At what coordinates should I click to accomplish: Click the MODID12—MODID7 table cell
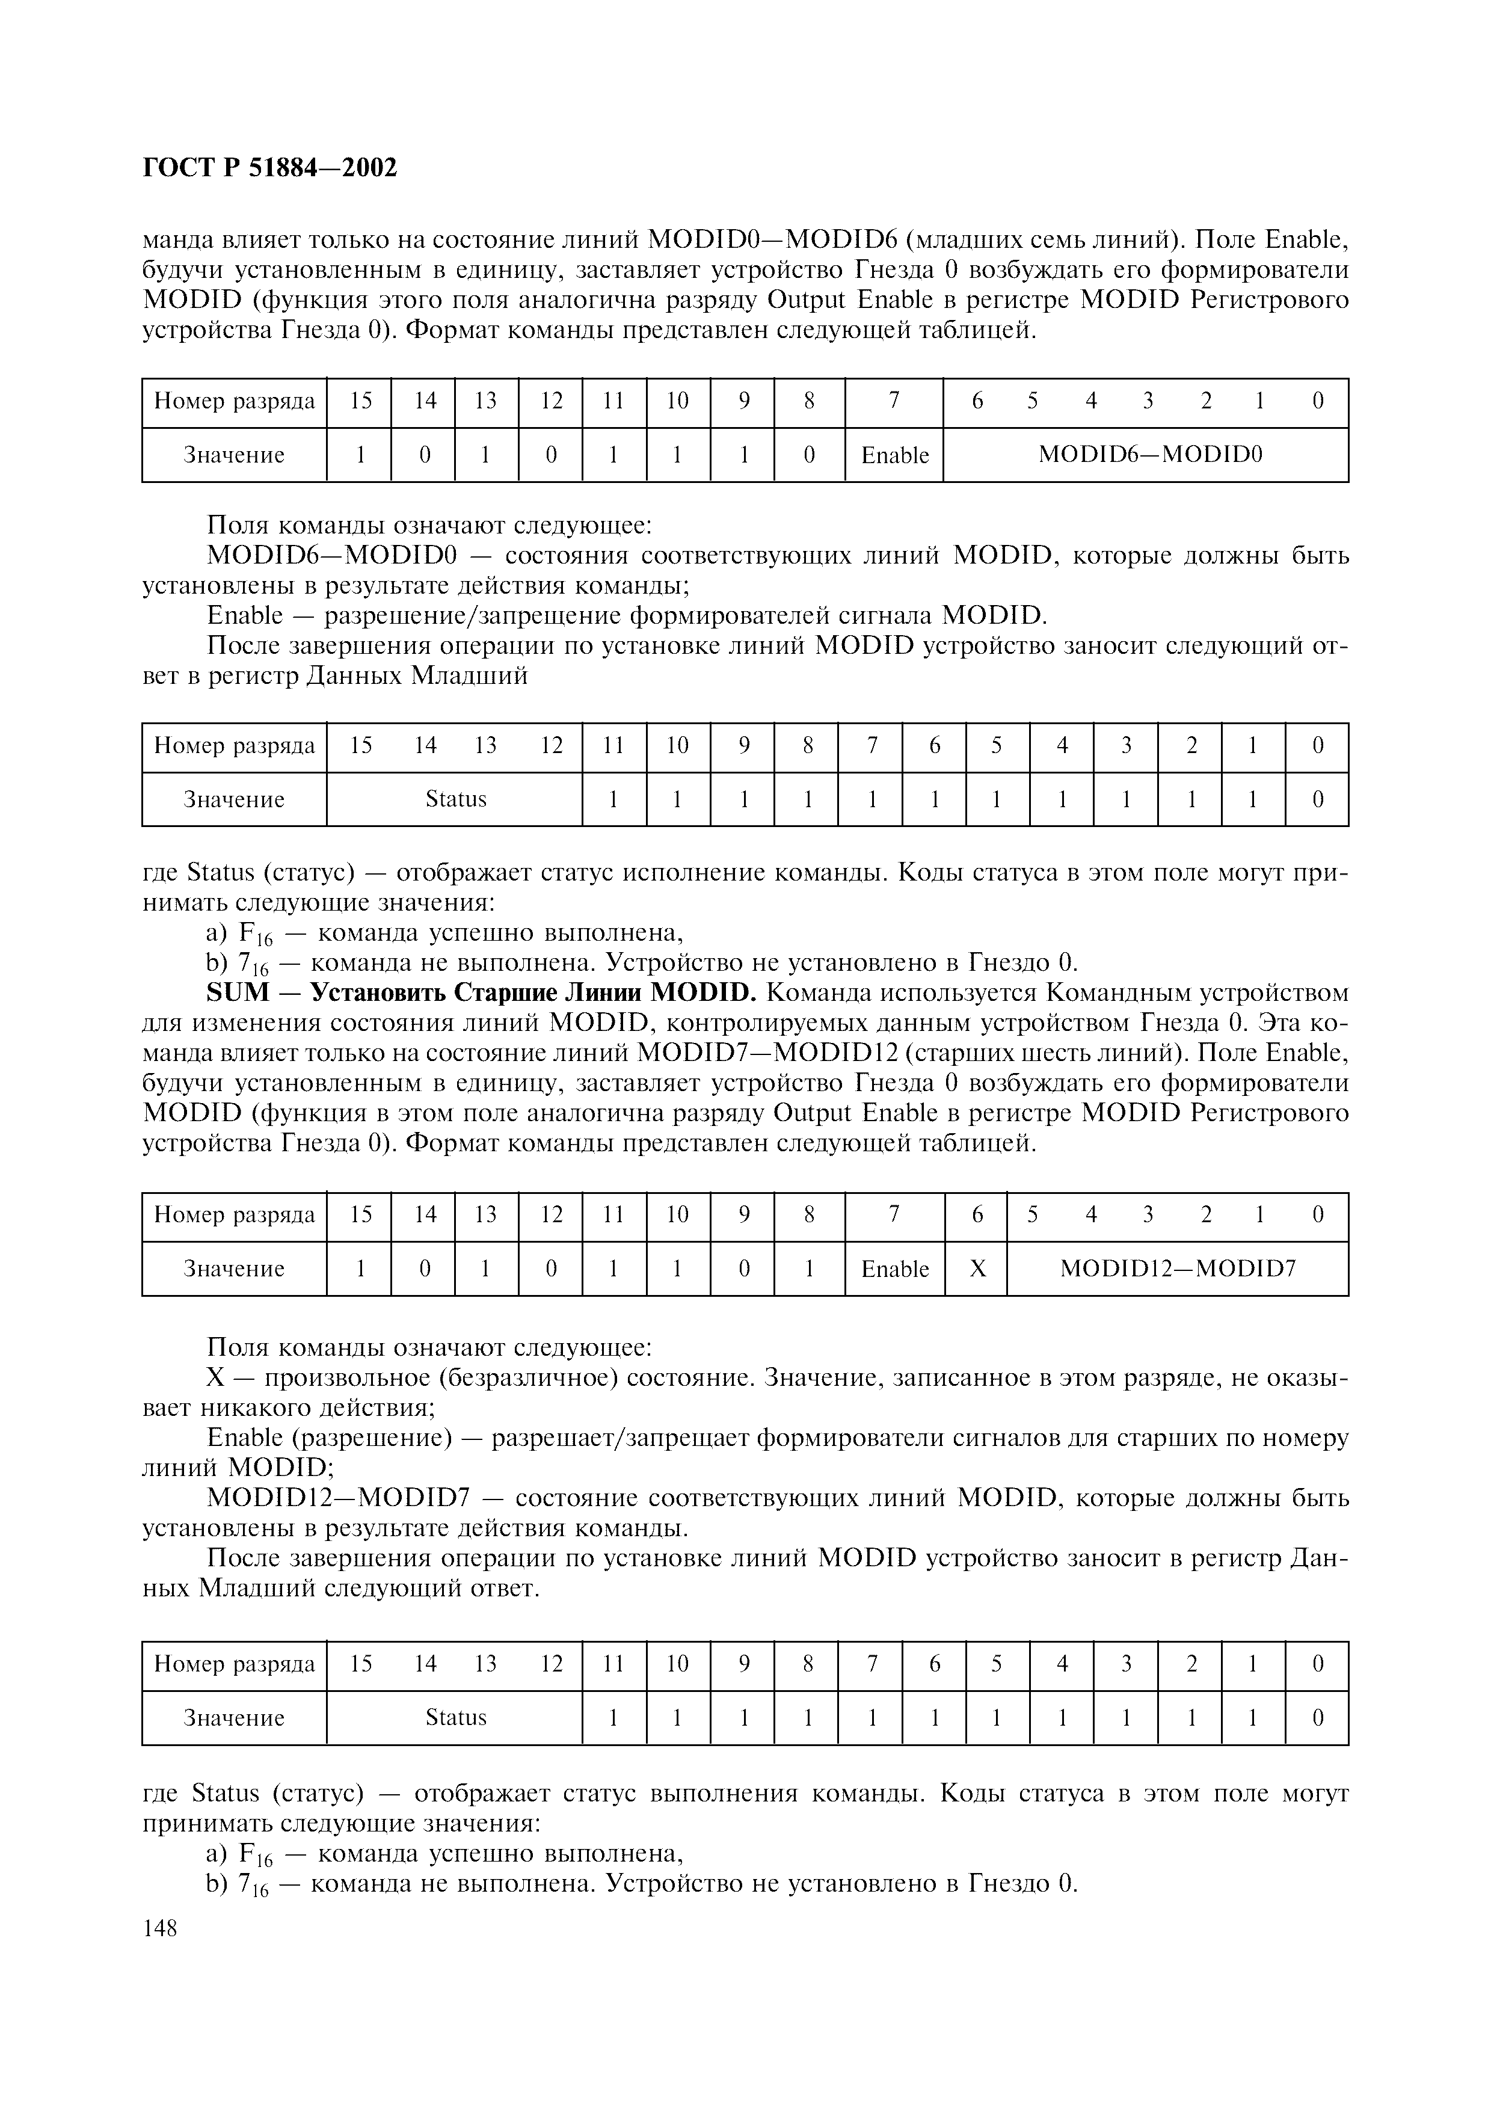(x=1178, y=1269)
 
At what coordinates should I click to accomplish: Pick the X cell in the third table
(x=977, y=1269)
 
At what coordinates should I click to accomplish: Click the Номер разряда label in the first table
(x=234, y=402)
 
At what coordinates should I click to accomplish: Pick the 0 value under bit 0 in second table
(x=1317, y=799)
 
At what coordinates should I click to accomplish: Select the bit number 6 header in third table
(x=977, y=1215)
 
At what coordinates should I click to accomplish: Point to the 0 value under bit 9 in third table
(x=743, y=1269)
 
